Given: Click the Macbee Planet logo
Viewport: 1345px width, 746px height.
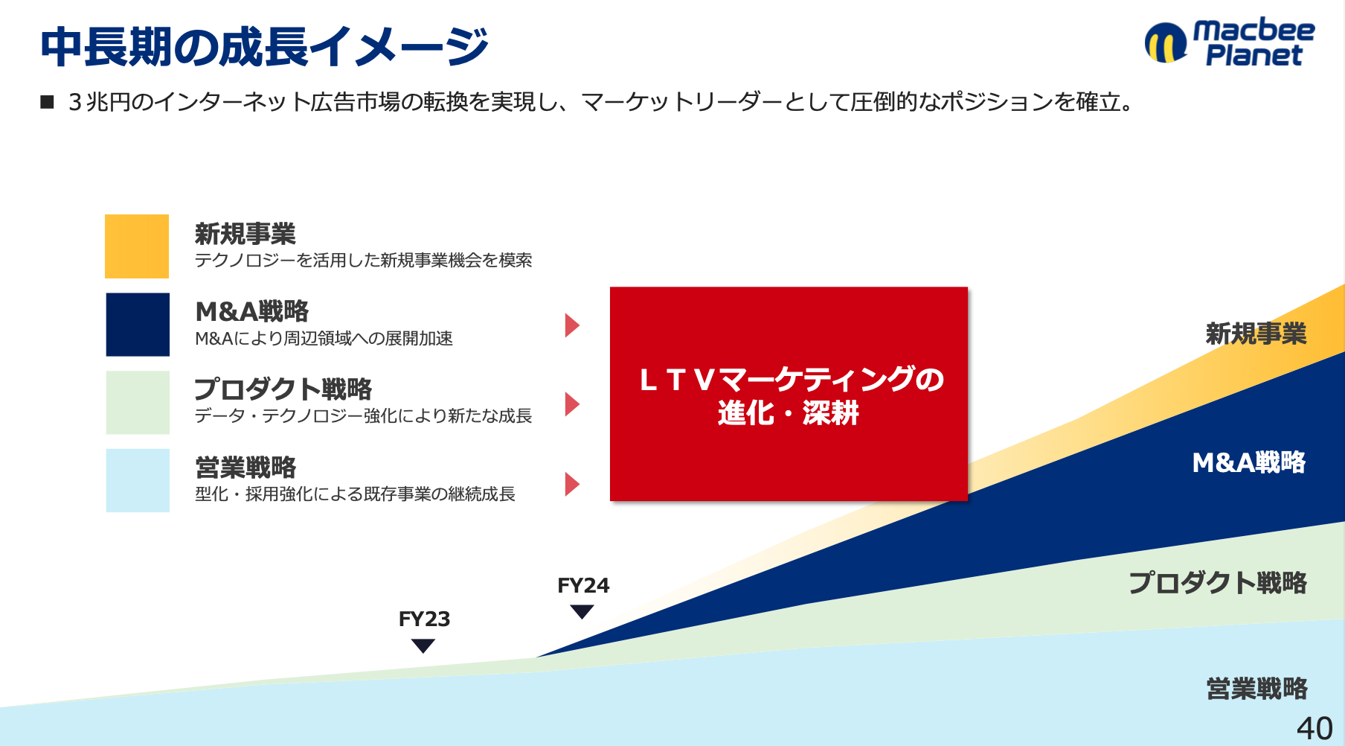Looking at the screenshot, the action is point(1230,42).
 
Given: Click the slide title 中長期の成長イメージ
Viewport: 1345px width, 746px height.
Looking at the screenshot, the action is point(264,47).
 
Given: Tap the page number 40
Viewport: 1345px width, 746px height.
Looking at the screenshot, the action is point(1314,728).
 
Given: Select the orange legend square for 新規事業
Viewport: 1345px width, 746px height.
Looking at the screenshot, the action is point(137,246).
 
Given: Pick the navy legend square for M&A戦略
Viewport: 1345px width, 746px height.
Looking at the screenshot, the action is point(138,325).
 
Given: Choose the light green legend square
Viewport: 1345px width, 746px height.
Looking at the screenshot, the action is point(138,403).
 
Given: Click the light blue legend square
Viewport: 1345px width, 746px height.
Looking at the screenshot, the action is point(138,480).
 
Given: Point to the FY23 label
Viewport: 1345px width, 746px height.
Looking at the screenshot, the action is point(424,619).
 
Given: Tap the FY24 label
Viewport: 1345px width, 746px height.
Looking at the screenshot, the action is point(583,586).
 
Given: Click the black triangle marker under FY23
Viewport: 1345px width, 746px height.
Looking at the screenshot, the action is point(423,646).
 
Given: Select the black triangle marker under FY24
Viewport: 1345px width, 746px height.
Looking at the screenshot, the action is point(582,612).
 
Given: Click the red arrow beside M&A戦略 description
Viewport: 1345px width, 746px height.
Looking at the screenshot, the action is point(572,325).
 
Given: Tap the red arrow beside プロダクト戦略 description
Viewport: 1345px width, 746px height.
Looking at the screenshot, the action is point(572,404).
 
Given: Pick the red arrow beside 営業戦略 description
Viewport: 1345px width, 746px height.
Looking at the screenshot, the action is point(572,484).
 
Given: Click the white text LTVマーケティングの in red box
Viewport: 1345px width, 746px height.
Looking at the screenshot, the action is point(792,380).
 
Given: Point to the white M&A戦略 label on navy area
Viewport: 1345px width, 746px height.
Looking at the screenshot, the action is point(1249,462).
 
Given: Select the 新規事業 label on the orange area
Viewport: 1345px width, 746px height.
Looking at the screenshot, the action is point(1256,334).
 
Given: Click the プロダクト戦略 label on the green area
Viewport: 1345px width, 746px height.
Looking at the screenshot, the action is point(1218,582).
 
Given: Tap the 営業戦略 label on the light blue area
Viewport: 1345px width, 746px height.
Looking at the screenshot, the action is point(1256,689).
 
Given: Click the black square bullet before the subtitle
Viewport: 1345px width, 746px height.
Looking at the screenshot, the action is point(48,102).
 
